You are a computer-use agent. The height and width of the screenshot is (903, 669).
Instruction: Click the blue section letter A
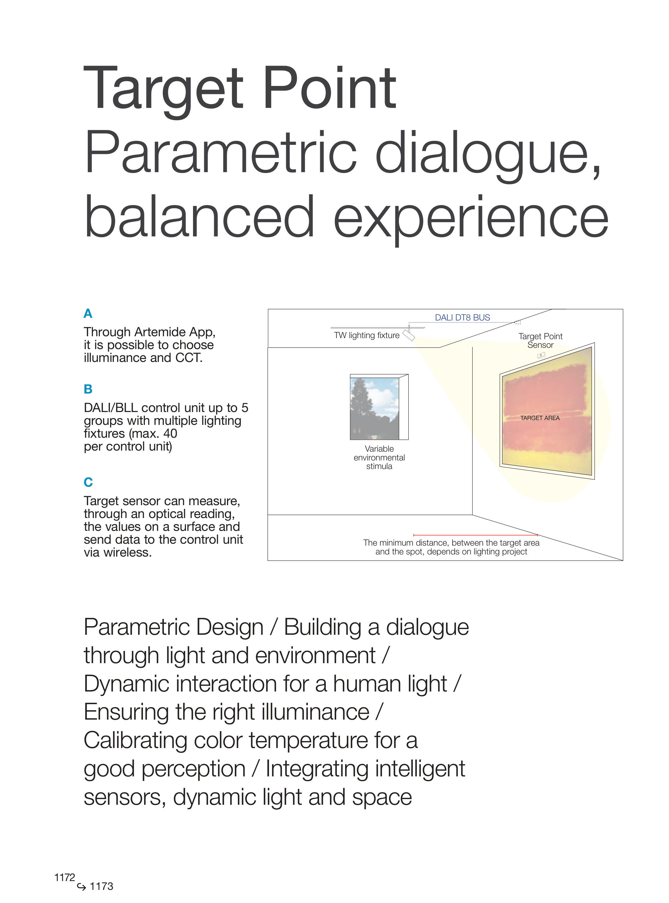coord(88,313)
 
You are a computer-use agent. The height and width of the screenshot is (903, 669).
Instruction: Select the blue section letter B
coord(88,389)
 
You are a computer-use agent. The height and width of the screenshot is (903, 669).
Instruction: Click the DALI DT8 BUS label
coord(463,318)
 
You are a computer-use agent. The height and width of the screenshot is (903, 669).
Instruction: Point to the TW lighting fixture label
coord(366,335)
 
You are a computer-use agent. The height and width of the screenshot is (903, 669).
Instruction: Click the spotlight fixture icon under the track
coord(409,334)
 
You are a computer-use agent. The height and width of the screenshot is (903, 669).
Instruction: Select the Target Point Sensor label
coord(540,341)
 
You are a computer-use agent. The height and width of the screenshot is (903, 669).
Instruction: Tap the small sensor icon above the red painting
coord(541,356)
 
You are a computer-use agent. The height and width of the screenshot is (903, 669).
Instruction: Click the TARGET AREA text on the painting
coord(540,418)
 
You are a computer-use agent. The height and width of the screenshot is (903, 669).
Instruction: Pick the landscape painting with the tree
coord(375,408)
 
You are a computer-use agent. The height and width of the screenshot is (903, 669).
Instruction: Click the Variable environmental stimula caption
coord(379,458)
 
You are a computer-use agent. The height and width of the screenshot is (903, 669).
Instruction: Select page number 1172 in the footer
coord(65,878)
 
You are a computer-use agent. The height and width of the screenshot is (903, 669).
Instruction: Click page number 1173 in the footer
coord(101,886)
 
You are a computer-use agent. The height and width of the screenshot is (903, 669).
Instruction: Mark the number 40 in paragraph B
coord(170,434)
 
